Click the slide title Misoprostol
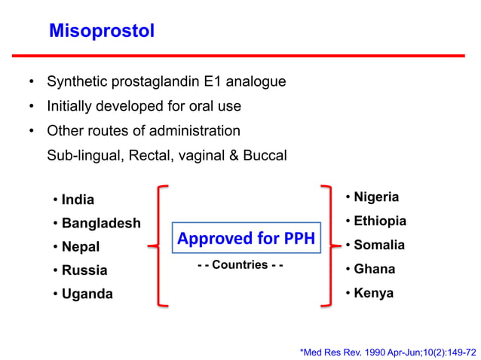[x=102, y=31]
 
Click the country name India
[x=78, y=200]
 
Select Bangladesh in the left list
[x=101, y=223]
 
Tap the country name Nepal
[x=81, y=246]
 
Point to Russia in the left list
[x=84, y=270]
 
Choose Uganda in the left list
[x=87, y=294]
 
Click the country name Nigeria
[x=376, y=197]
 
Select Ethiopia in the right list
[x=380, y=221]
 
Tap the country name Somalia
[x=379, y=245]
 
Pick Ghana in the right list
[x=375, y=269]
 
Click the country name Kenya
[x=374, y=293]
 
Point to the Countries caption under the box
[x=240, y=265]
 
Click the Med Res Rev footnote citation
[x=388, y=351]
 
